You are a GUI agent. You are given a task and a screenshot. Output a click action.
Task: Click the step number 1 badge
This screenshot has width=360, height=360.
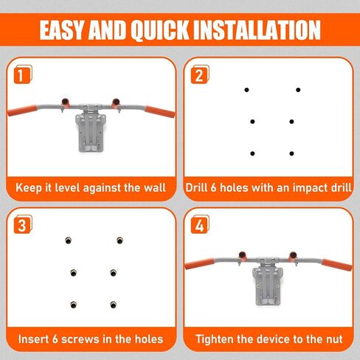(x=23, y=75)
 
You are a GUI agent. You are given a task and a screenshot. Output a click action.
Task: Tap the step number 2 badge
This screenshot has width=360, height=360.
(x=200, y=75)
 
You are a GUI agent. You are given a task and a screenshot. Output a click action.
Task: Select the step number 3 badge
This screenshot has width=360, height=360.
(x=23, y=224)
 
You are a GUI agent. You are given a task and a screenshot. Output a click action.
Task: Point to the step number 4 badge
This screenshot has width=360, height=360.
(x=200, y=224)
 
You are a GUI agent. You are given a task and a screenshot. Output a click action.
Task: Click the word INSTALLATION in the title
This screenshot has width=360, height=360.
(x=257, y=30)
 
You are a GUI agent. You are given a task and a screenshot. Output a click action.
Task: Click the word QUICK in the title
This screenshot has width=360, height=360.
(x=161, y=30)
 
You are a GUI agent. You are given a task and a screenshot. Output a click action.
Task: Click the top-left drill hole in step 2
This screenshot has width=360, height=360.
(x=246, y=90)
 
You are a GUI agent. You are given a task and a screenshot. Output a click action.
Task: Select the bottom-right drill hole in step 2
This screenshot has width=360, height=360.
(x=291, y=153)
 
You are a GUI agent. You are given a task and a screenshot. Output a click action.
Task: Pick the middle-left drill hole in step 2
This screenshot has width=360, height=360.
(x=252, y=122)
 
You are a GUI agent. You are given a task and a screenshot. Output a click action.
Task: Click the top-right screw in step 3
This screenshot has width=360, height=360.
(x=120, y=240)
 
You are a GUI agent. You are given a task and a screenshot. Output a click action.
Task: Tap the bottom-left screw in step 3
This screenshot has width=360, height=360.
(x=73, y=305)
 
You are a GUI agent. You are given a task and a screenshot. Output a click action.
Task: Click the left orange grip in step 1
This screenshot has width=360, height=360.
(x=22, y=111)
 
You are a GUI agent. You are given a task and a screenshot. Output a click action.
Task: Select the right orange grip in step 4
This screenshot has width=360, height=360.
(x=337, y=265)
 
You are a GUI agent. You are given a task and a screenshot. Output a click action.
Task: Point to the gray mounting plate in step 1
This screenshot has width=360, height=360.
(x=91, y=132)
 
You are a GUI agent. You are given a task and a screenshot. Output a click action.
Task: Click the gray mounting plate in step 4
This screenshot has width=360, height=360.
(x=268, y=285)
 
